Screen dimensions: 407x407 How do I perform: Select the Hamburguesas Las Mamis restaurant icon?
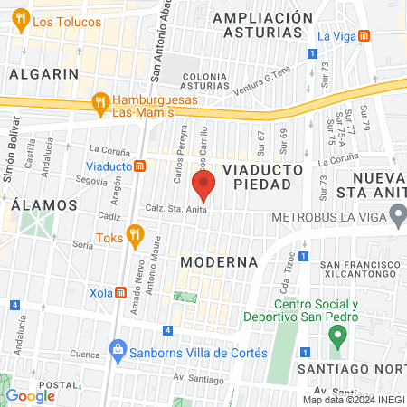[100, 105]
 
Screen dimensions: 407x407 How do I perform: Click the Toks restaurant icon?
[135, 236]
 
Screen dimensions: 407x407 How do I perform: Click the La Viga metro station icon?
[364, 36]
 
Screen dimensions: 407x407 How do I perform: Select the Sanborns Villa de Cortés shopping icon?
[117, 348]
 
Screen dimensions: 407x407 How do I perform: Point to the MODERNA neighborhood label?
[219, 261]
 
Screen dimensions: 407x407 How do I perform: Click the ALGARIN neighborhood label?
[41, 74]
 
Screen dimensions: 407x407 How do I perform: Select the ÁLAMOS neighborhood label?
[37, 205]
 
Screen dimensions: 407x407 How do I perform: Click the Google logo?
[30, 396]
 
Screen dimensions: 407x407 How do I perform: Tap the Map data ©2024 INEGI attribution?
[354, 400]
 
